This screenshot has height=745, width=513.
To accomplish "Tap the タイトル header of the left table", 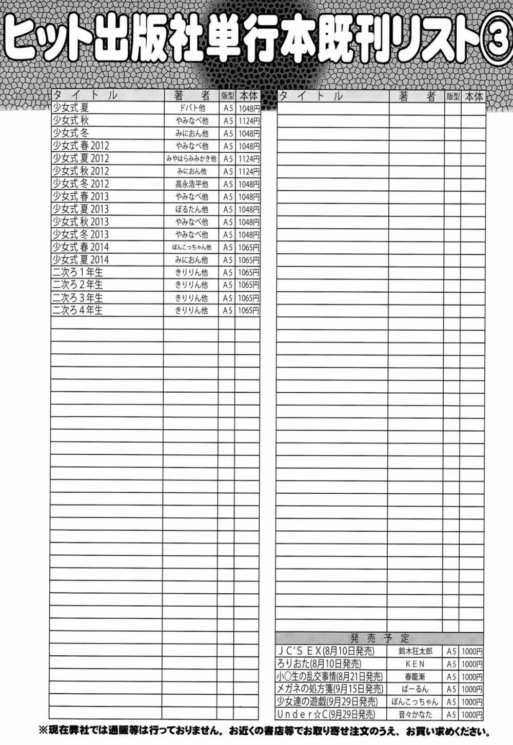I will click(x=85, y=95).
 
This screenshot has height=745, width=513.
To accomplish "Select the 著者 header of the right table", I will click(x=417, y=96).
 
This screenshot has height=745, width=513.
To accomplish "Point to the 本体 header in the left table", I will click(x=248, y=95).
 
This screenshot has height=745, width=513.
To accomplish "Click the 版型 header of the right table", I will click(x=452, y=96).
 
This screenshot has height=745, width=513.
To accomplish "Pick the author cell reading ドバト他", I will click(x=191, y=108).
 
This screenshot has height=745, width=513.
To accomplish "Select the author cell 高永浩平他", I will click(x=191, y=184).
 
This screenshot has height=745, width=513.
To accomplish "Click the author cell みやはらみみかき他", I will click(x=191, y=159).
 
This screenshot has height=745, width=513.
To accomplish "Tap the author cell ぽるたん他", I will click(x=191, y=209).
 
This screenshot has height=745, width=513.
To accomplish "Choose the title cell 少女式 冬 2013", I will click(x=81, y=234).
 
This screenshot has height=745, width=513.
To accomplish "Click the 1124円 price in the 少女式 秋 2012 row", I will click(x=248, y=172).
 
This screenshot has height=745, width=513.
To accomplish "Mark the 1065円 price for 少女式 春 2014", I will click(x=248, y=247).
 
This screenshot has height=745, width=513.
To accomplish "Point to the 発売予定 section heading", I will click(x=380, y=638).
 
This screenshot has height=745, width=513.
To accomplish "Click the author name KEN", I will click(x=415, y=664).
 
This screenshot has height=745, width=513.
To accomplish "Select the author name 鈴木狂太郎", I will click(x=415, y=651).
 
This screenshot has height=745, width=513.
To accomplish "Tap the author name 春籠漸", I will click(x=415, y=677).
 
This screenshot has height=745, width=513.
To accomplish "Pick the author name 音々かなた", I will click(x=415, y=715).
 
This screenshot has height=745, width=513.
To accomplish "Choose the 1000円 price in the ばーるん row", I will click(x=472, y=689).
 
